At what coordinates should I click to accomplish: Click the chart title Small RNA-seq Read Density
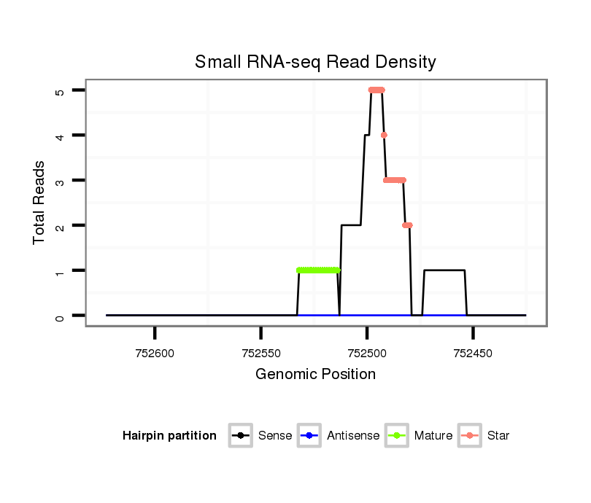pyautogui.click(x=315, y=62)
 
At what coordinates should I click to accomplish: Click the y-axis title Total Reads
pyautogui.click(x=40, y=203)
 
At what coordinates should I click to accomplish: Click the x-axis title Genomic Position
pyautogui.click(x=315, y=375)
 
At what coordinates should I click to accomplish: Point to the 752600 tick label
pyautogui.click(x=155, y=353)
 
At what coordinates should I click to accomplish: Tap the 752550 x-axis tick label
pyautogui.click(x=260, y=353)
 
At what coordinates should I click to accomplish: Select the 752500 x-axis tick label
pyautogui.click(x=367, y=353)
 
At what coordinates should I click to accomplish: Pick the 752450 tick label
pyautogui.click(x=473, y=353)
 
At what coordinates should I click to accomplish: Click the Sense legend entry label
pyautogui.click(x=275, y=436)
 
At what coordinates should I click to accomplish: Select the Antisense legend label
pyautogui.click(x=353, y=436)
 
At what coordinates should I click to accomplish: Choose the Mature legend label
pyautogui.click(x=433, y=436)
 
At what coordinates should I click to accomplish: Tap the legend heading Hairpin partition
pyautogui.click(x=169, y=436)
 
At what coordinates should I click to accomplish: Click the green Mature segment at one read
pyautogui.click(x=318, y=270)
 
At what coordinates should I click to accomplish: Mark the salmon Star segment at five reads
pyautogui.click(x=376, y=90)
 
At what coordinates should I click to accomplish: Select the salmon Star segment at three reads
pyautogui.click(x=395, y=180)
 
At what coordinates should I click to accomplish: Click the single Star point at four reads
pyautogui.click(x=384, y=135)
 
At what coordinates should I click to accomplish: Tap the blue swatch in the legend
pyautogui.click(x=309, y=436)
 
